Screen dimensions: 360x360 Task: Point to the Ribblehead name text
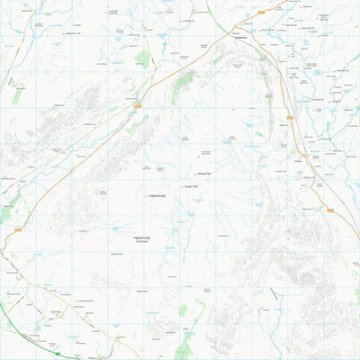click(x=241, y=39)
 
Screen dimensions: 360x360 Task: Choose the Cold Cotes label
click(x=55, y=311)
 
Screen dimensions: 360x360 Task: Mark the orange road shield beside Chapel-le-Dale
click(x=138, y=106)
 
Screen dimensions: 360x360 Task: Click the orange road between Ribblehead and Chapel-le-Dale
click(x=180, y=76)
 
